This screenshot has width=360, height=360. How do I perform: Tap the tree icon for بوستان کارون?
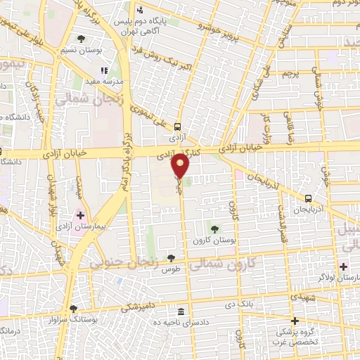tap(214, 229)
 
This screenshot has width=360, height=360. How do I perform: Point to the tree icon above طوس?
tap(171, 258)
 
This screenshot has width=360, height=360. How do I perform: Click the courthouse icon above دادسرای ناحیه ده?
tap(181, 311)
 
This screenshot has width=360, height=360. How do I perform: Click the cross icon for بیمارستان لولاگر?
tap(343, 266)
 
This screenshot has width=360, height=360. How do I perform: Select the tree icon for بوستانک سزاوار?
tap(73, 309)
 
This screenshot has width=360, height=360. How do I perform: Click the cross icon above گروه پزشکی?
tap(295, 320)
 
